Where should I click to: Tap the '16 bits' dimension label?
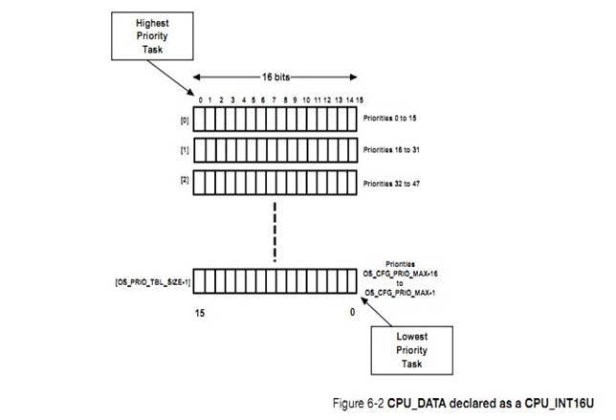[276, 76]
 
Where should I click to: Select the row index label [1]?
[180, 151]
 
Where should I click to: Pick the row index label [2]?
[180, 181]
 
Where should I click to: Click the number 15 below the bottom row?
[198, 312]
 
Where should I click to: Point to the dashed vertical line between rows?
[275, 227]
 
